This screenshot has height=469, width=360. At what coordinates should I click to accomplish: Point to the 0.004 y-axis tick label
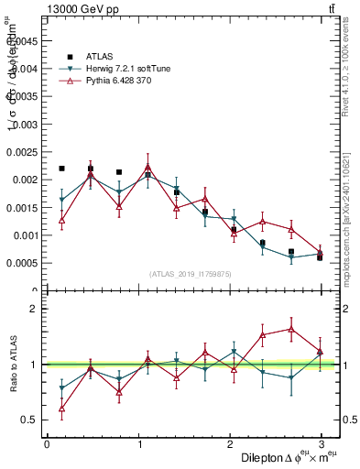(25, 68)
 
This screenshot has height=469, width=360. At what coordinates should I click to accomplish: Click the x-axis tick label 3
(322, 444)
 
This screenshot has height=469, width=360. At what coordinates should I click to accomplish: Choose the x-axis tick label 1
(138, 444)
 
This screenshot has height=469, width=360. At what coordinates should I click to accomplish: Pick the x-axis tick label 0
(47, 444)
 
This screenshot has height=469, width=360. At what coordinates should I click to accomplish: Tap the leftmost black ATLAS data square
(61, 169)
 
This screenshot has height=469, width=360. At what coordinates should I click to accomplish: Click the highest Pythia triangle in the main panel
(147, 167)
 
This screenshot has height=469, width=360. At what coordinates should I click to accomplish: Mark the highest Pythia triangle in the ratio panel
(291, 329)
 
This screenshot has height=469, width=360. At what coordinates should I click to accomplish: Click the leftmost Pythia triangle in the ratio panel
(61, 409)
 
